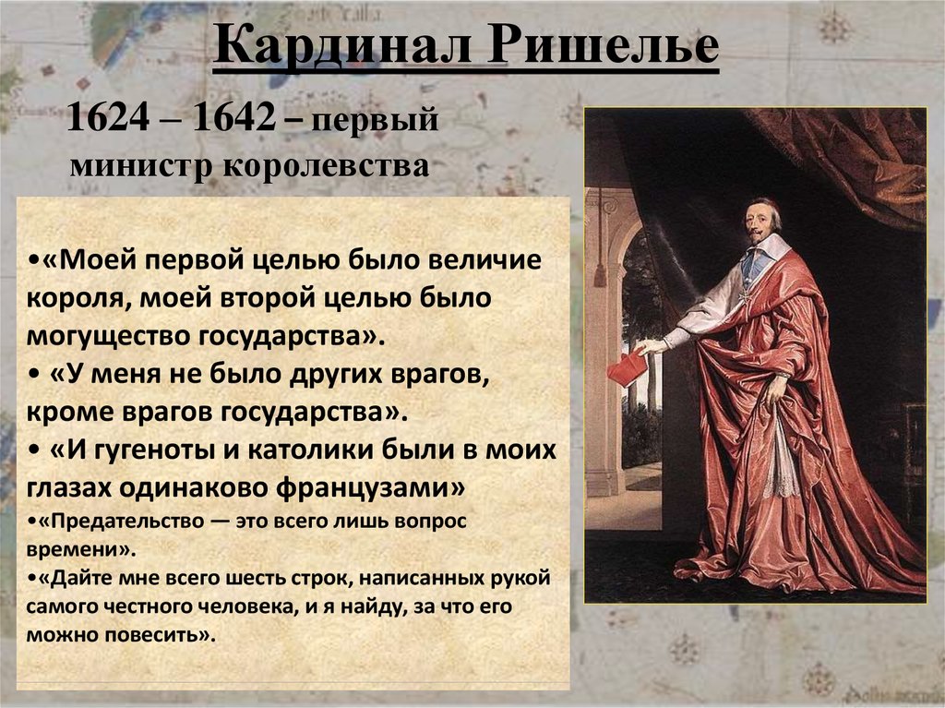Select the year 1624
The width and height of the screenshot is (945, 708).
click(108, 117)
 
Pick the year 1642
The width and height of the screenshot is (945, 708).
click(233, 117)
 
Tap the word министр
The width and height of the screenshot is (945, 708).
click(141, 165)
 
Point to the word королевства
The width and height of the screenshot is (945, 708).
click(326, 165)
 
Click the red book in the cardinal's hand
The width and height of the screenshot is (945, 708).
click(628, 366)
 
